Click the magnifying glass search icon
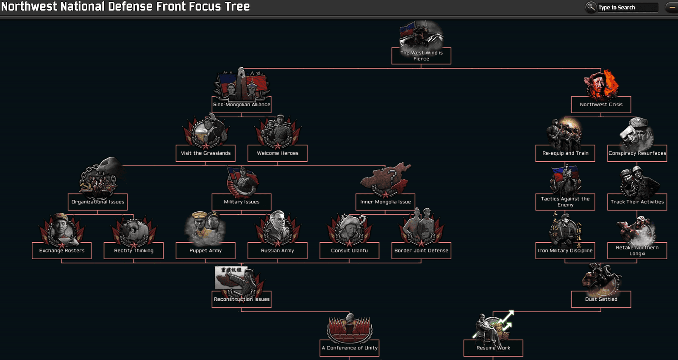591,7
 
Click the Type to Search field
628,7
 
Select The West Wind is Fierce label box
421,55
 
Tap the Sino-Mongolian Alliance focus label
242,104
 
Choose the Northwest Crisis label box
601,104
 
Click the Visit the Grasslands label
206,153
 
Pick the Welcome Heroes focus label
278,153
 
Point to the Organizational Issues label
98,202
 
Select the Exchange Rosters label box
62,250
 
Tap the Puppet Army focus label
206,250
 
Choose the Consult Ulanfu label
350,250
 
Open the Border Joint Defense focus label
421,250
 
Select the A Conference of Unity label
350,348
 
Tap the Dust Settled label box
601,299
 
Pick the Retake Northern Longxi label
637,250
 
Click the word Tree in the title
237,6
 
